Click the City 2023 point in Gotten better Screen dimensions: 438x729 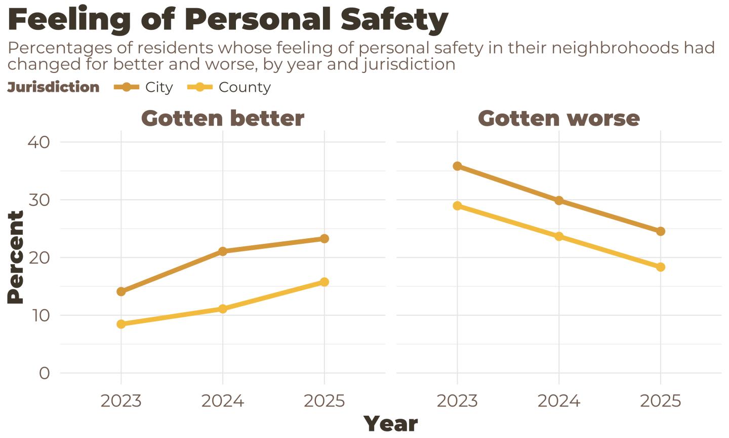click(121, 291)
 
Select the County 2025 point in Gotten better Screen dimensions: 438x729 click(325, 282)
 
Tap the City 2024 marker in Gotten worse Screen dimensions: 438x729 click(559, 201)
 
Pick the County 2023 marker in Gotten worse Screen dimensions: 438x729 click(457, 206)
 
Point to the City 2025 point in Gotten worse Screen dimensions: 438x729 click(661, 231)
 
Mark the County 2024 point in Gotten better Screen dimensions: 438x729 click(223, 309)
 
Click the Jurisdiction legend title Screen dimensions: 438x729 click(53, 87)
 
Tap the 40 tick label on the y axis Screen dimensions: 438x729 click(38, 142)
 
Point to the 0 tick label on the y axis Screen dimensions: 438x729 click(45, 373)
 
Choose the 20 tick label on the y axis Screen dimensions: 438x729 click(38, 258)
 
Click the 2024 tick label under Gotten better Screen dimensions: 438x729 click(223, 401)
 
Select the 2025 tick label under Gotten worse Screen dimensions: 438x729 click(661, 401)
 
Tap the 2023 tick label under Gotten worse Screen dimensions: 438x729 click(457, 401)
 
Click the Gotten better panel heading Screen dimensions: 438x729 click(223, 118)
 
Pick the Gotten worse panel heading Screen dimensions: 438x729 click(559, 118)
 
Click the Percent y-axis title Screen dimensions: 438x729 click(16, 258)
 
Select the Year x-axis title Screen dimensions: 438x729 click(391, 424)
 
